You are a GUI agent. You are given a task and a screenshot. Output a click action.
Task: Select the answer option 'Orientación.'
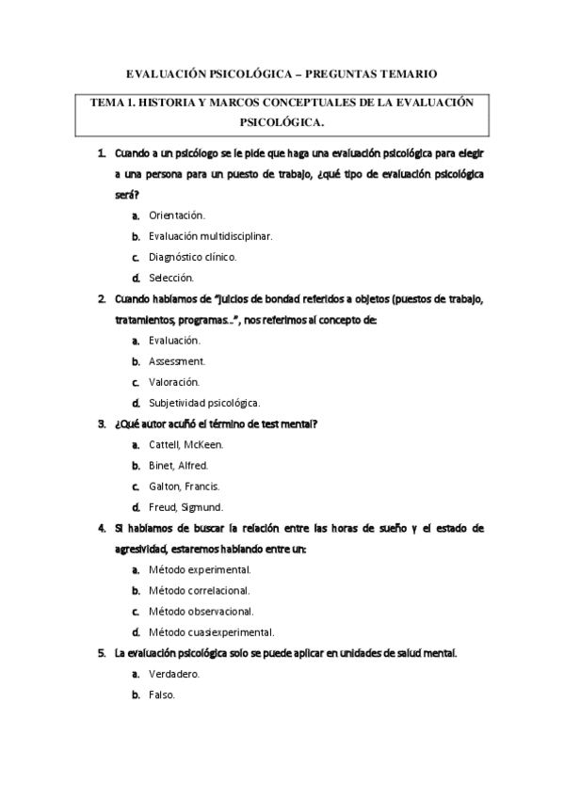tap(177, 215)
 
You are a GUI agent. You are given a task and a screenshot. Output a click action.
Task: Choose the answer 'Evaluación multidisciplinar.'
tap(209, 236)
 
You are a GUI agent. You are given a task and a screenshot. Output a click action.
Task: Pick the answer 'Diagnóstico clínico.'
tap(193, 257)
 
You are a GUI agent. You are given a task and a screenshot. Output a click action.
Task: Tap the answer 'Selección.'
tap(171, 278)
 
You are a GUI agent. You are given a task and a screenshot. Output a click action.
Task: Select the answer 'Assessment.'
tap(177, 361)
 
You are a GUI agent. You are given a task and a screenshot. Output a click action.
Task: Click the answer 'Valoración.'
tap(174, 382)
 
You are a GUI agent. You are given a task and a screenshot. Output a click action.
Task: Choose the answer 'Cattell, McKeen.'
tap(186, 444)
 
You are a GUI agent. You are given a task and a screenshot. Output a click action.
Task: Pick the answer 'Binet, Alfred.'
tap(179, 465)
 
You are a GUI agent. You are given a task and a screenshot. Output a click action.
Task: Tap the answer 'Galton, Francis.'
tap(185, 487)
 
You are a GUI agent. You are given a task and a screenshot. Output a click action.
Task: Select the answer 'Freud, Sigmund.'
tap(185, 507)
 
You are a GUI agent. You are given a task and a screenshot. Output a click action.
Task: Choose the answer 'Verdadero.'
tap(174, 674)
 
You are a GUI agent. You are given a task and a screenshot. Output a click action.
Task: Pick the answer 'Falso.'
tap(162, 694)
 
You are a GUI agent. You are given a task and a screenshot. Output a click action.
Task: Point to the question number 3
tap(102, 423)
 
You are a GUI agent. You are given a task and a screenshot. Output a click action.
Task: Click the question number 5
tap(102, 653)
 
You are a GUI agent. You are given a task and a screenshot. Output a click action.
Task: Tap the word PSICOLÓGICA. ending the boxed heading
tap(282, 121)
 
